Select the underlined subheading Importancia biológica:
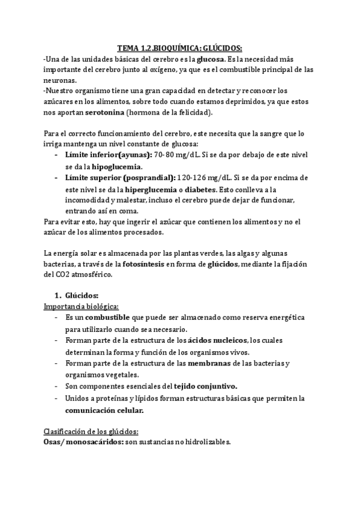pyautogui.click(x=81, y=306)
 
